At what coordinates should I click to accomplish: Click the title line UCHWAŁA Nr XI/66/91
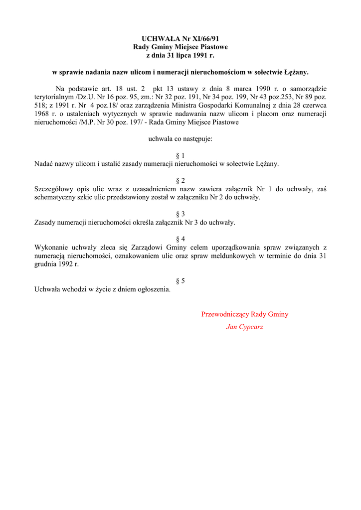coord(180,38)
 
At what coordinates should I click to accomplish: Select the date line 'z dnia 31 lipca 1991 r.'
coord(180,55)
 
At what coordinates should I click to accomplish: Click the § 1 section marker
coord(180,155)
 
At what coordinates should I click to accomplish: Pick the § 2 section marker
coord(180,180)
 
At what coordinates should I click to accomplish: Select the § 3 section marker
coord(180,214)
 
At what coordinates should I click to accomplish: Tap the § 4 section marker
coord(180,239)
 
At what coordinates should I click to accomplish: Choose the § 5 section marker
coord(180,281)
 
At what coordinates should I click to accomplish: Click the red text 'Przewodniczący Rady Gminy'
coord(245,314)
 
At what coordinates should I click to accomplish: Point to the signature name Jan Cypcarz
coord(245,327)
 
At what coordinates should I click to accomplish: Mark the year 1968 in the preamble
coord(42,114)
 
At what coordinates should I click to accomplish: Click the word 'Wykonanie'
coord(50,248)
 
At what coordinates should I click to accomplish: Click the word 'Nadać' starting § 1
coord(43,164)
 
